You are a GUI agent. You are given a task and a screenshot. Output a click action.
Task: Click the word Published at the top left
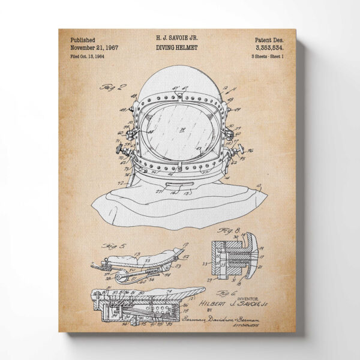click(x=82, y=40)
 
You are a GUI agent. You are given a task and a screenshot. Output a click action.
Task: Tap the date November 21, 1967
click(x=94, y=48)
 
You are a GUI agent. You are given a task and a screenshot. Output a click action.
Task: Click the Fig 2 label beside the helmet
click(x=102, y=88)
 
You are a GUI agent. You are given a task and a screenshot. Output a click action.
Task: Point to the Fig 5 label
click(x=112, y=246)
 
